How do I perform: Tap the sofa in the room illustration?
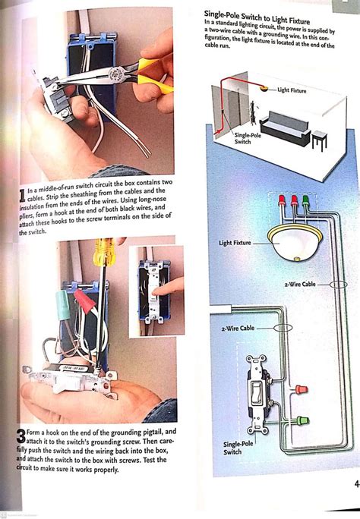click(285, 128)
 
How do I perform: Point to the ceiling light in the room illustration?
click(264, 90)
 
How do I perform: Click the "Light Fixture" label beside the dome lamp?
click(292, 90)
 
